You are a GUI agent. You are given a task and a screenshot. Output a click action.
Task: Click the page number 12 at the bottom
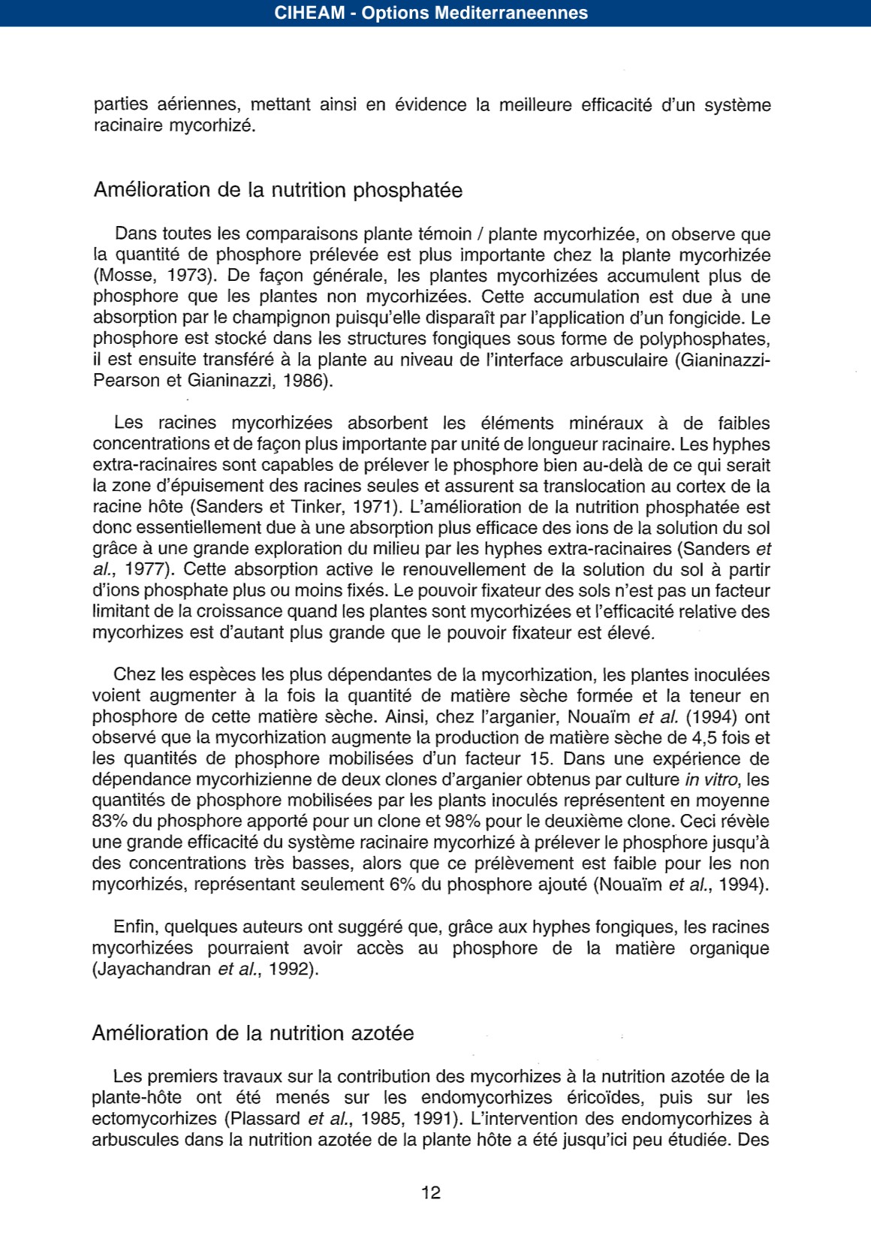[431, 1192]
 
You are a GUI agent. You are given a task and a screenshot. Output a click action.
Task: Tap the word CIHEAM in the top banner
[309, 13]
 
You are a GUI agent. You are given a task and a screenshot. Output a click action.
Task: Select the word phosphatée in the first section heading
[408, 190]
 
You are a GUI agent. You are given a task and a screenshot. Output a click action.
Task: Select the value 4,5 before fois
[706, 738]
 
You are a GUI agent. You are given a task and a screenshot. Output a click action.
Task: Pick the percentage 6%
[402, 885]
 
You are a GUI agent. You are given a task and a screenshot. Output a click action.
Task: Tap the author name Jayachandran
[152, 969]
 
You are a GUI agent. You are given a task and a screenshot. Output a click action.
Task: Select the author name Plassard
[265, 1119]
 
